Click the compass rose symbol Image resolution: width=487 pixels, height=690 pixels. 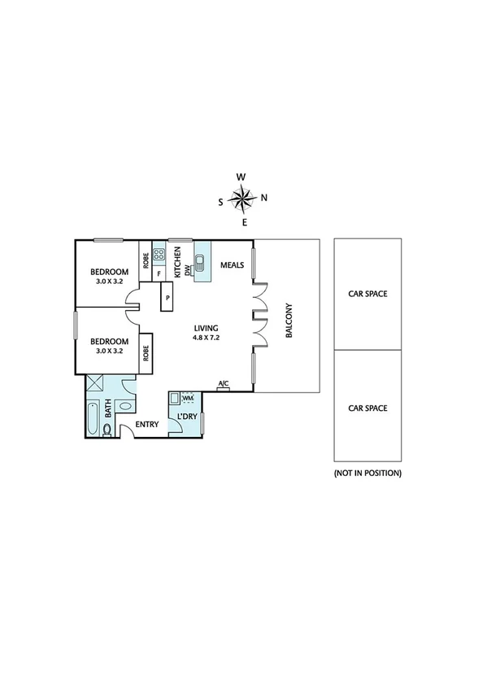click(241, 198)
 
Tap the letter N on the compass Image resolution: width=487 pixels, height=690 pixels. click(264, 198)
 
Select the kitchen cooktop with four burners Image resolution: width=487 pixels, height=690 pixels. click(159, 253)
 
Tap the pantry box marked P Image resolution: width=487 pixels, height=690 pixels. click(167, 297)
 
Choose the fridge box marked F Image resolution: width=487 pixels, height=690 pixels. click(159, 275)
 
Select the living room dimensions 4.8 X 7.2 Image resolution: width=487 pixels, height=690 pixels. click(207, 336)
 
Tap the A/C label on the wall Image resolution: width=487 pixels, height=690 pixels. click(223, 383)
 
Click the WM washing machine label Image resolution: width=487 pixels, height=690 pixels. click(188, 398)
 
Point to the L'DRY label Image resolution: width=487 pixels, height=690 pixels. click(186, 417)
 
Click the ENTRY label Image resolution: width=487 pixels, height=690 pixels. click(147, 424)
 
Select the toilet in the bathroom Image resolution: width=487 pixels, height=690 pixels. click(107, 428)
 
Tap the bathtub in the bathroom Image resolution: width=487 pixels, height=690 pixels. click(92, 417)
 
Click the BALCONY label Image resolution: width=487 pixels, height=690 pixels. click(288, 321)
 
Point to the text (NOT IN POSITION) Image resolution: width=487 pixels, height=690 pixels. click(367, 473)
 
